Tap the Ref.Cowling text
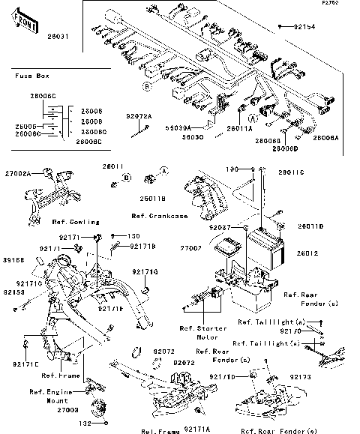(71, 222)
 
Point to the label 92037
(220, 226)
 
